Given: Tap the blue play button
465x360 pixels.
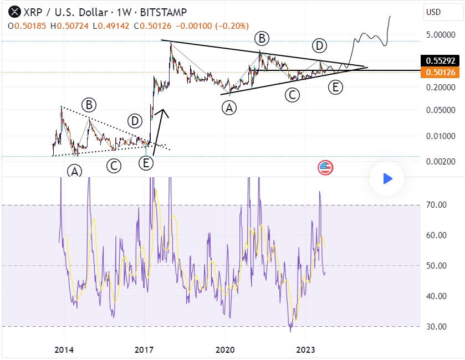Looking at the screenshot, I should (x=387, y=178).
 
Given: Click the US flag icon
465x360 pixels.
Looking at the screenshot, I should (x=325, y=168).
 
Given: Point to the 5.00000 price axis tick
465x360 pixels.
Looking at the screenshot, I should (x=441, y=34).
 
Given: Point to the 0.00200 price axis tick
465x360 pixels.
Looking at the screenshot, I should (x=441, y=162).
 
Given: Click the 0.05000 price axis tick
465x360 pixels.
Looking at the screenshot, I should (x=441, y=110).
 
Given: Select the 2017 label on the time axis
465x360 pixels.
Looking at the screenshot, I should (x=144, y=349).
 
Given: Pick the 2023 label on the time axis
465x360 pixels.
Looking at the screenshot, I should (x=305, y=349).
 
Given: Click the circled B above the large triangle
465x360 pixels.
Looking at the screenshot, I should (x=262, y=38).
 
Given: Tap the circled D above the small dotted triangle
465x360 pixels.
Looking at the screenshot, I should (x=134, y=120).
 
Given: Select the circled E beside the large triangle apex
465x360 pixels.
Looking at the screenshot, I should (x=335, y=87).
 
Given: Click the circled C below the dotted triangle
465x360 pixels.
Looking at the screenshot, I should (x=114, y=164).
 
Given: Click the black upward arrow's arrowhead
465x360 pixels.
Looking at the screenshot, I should (x=162, y=113).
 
